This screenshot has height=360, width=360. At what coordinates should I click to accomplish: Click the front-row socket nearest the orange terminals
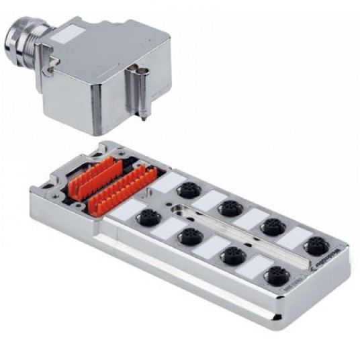148,216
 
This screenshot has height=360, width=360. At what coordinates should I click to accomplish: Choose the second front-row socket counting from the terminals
190,235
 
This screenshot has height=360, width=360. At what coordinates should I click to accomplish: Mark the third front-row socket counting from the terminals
232,255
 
